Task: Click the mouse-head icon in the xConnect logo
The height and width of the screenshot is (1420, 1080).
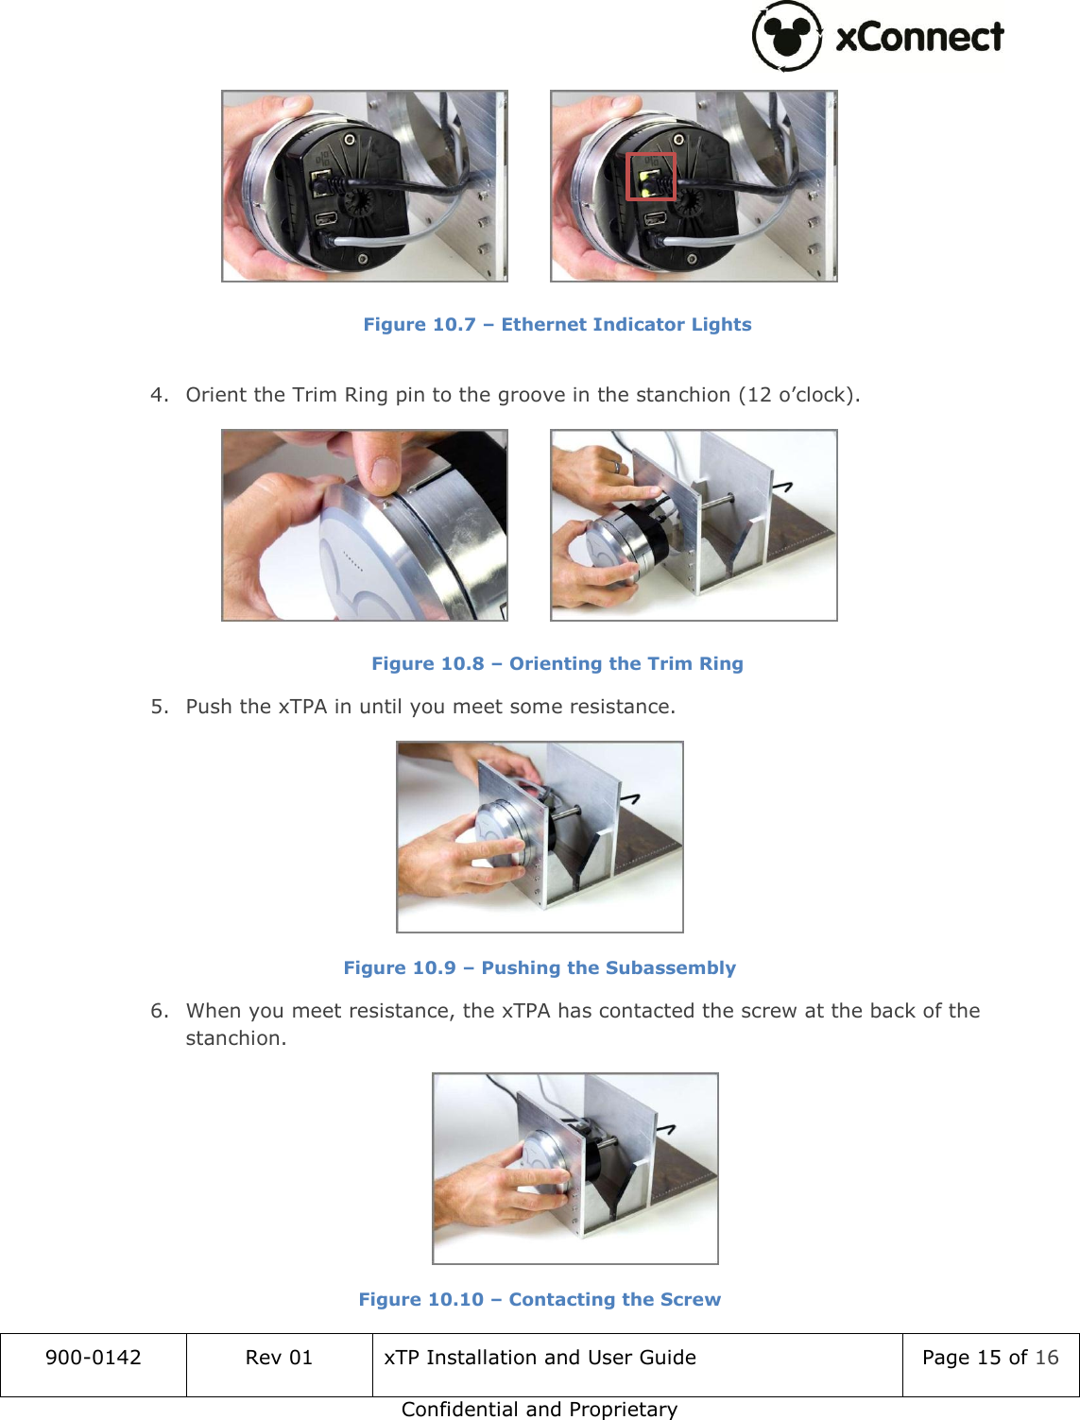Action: click(786, 36)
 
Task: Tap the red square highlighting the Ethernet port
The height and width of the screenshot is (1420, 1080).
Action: click(651, 177)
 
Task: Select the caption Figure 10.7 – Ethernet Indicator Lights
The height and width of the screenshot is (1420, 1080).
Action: click(557, 324)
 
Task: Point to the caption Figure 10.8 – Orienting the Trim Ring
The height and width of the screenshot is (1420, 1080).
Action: click(557, 663)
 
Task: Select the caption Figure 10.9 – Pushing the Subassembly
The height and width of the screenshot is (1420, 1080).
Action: click(539, 967)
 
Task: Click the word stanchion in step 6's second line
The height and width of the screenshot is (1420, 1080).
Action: click(234, 1038)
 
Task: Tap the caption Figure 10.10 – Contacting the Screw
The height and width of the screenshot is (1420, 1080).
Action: click(539, 1299)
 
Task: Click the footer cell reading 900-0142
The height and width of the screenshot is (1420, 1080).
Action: click(93, 1358)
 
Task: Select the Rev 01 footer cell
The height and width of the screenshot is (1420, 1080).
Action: click(279, 1358)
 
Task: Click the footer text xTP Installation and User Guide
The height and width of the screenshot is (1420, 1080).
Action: click(540, 1358)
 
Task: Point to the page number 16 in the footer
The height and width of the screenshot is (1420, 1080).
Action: click(1047, 1358)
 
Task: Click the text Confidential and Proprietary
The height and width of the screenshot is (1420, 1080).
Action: click(539, 1409)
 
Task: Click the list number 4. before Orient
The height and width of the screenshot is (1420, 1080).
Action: click(160, 395)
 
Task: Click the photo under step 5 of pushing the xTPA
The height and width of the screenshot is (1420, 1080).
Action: click(539, 837)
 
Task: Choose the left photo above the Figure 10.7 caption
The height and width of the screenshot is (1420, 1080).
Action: click(364, 186)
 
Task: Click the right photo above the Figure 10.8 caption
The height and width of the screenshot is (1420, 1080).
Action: click(694, 525)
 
